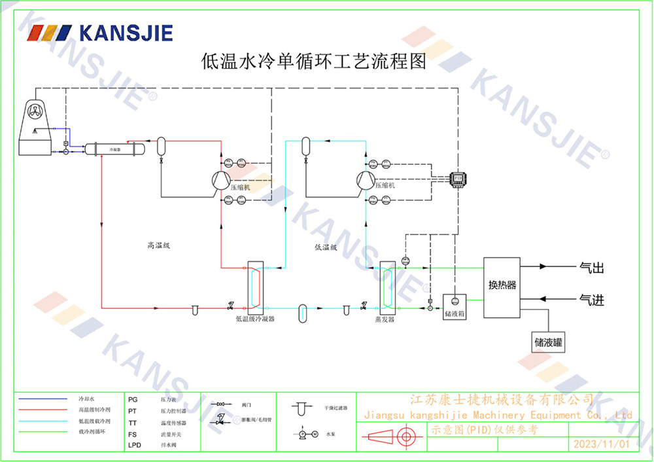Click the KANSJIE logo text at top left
coord(124,33)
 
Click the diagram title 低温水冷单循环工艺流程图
coord(313,62)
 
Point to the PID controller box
coord(457,177)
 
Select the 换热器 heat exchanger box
coord(502,285)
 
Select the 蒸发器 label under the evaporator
coord(385,319)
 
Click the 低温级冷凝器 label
coord(254,319)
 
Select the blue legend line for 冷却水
coord(43,399)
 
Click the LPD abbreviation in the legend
coord(134,445)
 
